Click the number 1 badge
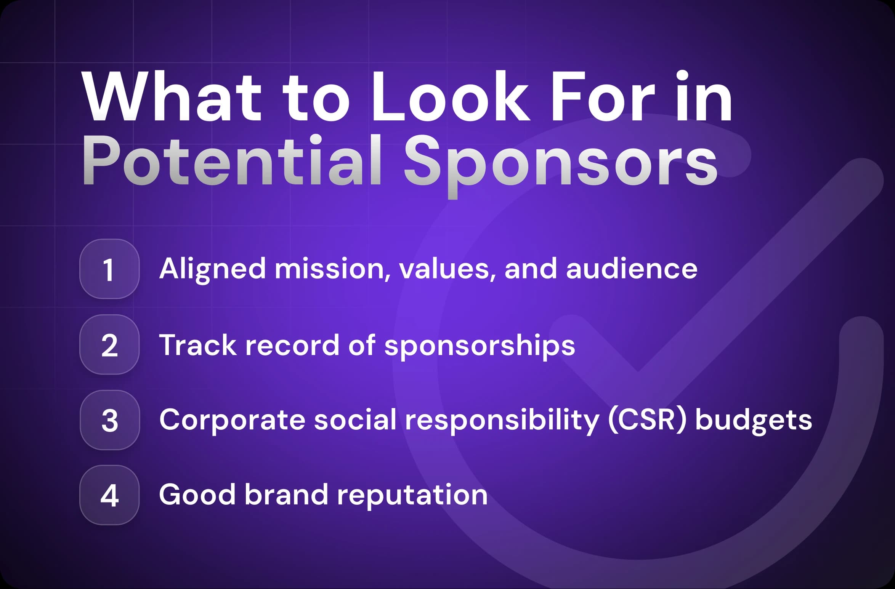coord(109,269)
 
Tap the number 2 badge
coord(109,345)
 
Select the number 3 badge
coord(109,420)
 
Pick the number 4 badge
coord(109,495)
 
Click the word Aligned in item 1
coord(212,269)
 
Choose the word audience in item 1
coord(632,269)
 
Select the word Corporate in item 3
coord(232,420)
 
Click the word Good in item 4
coord(197,495)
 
